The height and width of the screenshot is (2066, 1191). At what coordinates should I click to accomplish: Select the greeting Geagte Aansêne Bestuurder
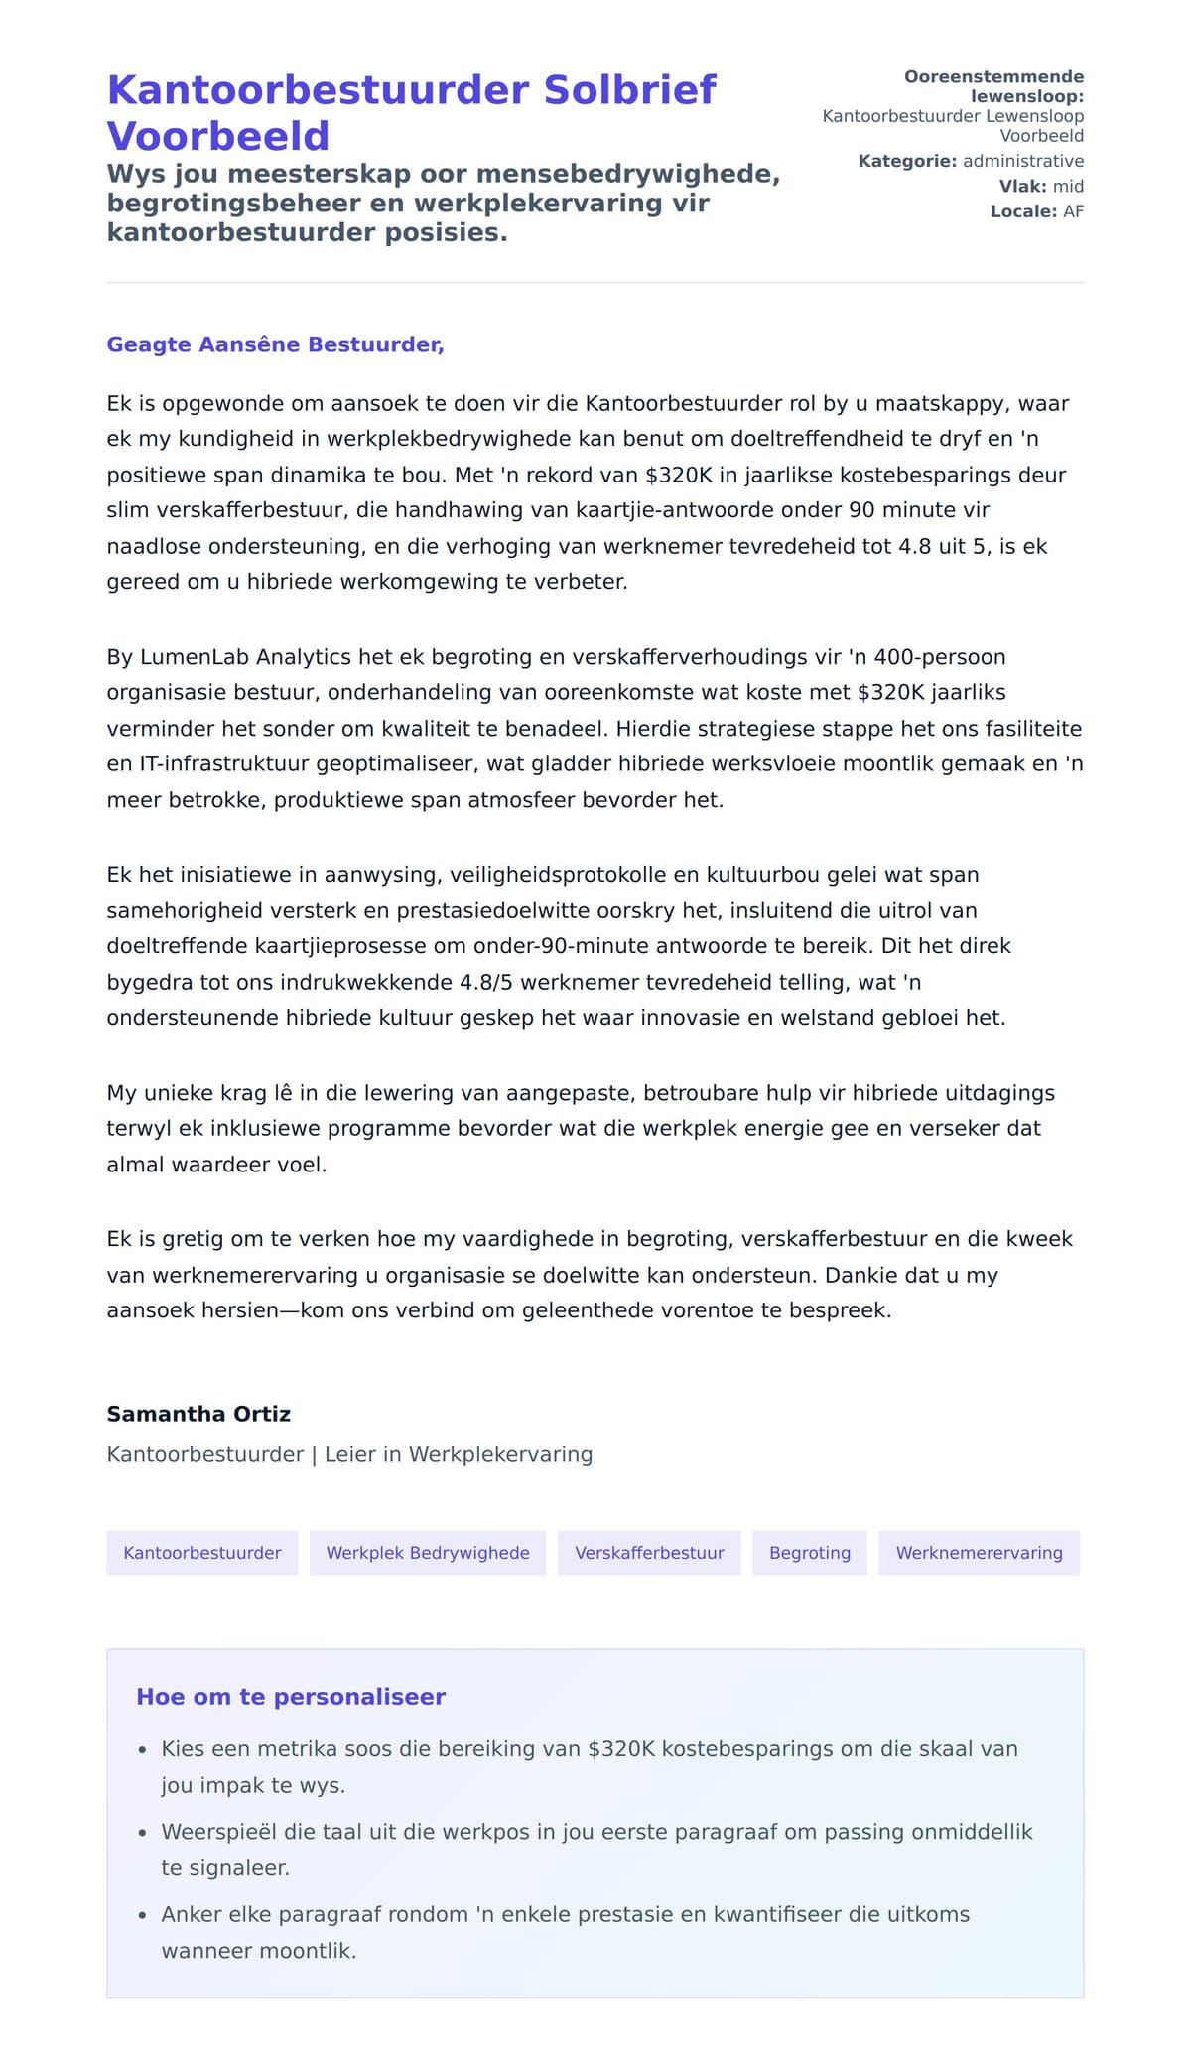(275, 344)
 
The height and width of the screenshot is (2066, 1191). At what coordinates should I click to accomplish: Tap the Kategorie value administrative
(1022, 161)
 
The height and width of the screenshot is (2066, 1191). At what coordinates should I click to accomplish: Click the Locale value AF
(1073, 211)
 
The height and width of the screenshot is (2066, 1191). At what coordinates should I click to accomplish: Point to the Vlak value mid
(1068, 187)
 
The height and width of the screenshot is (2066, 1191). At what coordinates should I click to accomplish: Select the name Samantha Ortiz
(198, 1414)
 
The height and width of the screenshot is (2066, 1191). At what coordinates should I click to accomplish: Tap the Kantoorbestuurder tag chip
(202, 1553)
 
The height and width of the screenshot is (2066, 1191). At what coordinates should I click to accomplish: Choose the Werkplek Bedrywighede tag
(428, 1553)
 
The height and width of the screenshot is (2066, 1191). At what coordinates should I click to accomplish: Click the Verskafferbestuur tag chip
(649, 1553)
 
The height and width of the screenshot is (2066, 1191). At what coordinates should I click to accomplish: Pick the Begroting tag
(810, 1553)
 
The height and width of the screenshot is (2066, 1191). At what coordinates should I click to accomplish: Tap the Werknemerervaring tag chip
(979, 1553)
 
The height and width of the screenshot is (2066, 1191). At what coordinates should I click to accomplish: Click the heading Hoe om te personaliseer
(291, 1697)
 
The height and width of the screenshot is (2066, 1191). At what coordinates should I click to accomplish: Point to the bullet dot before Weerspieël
(143, 1834)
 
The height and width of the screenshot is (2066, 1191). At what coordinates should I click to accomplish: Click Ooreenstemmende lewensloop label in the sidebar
(993, 86)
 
